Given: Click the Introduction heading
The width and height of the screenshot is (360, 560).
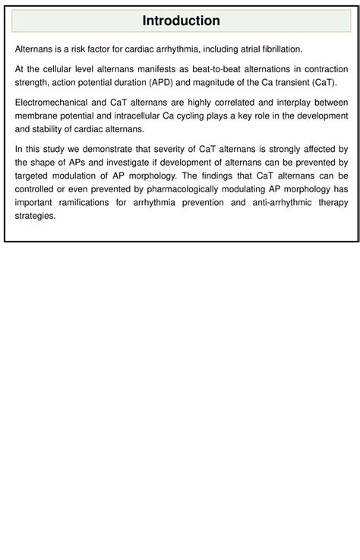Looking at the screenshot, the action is (181, 21).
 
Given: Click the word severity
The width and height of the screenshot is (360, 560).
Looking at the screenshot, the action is (159, 149).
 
